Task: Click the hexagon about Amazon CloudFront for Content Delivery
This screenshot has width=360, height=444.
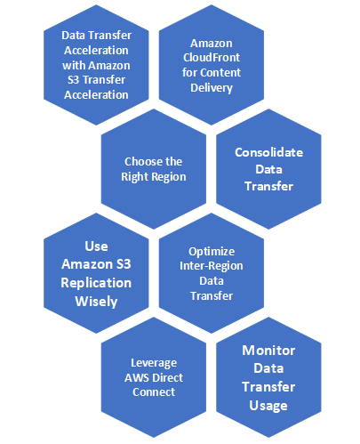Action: click(x=211, y=65)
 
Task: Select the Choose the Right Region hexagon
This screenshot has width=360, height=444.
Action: click(x=154, y=168)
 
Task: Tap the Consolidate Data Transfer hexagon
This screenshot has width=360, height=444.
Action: click(x=268, y=169)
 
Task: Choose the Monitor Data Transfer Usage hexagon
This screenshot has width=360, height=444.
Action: click(x=268, y=377)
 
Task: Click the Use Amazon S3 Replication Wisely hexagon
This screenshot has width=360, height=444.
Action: click(x=96, y=273)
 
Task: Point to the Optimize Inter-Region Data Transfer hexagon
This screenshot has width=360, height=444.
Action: click(x=212, y=273)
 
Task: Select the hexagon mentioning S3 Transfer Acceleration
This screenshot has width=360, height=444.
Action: click(x=96, y=65)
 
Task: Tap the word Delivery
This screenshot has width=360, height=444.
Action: click(x=211, y=88)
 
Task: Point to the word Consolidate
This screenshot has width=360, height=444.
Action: click(x=268, y=152)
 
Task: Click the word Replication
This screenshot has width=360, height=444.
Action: click(x=96, y=282)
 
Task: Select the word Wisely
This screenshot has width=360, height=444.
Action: click(x=96, y=301)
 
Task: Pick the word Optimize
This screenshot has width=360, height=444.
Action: click(x=212, y=251)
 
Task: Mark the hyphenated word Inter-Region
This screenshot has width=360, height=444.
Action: click(x=212, y=266)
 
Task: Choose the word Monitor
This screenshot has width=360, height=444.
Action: click(x=268, y=350)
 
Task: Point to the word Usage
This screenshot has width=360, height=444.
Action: click(x=268, y=406)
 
